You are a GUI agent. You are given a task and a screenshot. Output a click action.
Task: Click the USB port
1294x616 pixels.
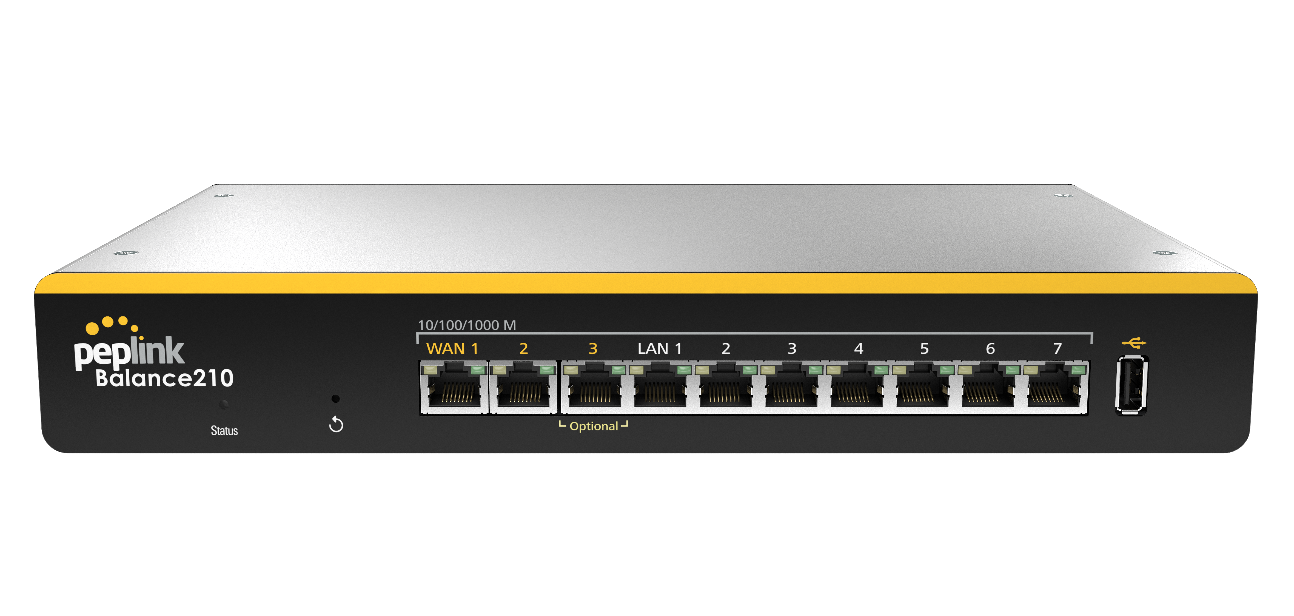(1131, 385)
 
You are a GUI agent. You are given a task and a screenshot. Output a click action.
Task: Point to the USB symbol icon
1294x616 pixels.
(1134, 343)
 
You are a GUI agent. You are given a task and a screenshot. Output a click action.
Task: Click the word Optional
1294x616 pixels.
(594, 426)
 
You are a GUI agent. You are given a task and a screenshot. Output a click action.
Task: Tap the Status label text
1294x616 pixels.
(224, 431)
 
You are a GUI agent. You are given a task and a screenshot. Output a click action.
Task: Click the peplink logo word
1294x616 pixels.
(129, 352)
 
